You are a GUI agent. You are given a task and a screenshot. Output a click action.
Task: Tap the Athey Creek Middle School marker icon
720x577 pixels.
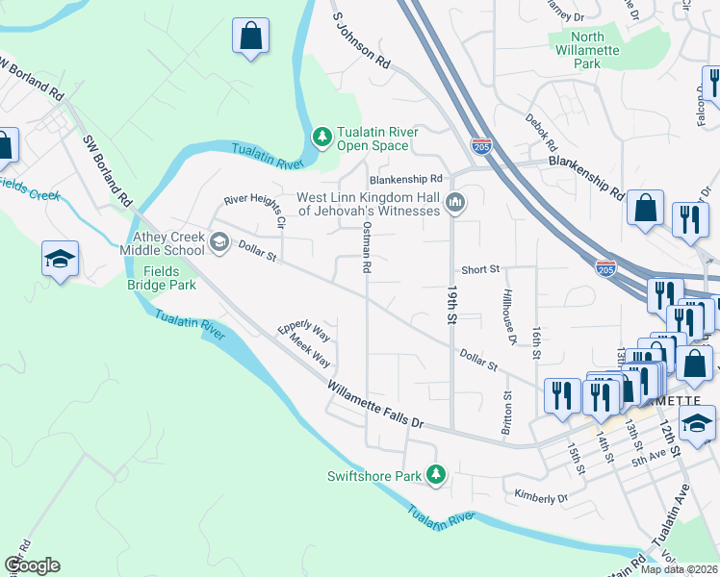tap(219, 241)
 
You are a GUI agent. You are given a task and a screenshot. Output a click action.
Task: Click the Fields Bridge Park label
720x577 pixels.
tap(162, 278)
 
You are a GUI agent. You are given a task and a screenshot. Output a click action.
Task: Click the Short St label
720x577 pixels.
tap(480, 270)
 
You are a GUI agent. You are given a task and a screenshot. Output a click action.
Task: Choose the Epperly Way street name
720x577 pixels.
tap(304, 332)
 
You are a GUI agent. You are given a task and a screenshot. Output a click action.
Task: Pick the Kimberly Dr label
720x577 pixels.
tap(541, 498)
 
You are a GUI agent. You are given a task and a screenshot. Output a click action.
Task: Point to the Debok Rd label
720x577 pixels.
tap(541, 135)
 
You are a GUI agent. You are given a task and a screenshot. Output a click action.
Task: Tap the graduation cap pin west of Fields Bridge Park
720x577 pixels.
tap(60, 259)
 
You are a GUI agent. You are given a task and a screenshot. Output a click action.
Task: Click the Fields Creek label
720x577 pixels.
tap(29, 188)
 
